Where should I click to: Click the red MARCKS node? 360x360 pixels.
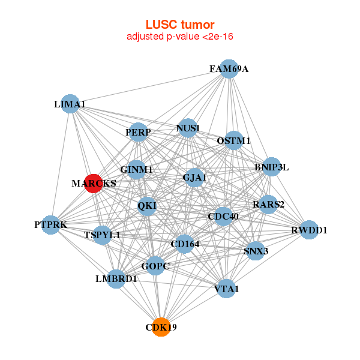93,183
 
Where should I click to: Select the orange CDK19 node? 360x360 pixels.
161,327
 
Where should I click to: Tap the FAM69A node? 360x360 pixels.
228,69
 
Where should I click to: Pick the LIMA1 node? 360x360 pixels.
70,104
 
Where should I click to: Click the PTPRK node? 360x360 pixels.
51,225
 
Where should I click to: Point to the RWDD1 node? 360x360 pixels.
308,230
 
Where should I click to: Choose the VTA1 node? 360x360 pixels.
226,289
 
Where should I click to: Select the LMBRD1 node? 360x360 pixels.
116,279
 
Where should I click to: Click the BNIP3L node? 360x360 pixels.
271,167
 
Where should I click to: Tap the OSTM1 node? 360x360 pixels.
233,141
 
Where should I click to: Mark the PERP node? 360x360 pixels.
139,132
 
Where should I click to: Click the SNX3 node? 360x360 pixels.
255,251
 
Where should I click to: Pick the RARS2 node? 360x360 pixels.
268,205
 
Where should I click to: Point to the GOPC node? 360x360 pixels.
155,266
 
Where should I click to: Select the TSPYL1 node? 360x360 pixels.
103,235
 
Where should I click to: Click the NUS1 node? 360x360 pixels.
188,128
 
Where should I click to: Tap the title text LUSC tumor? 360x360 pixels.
180,25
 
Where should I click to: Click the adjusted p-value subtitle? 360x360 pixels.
180,37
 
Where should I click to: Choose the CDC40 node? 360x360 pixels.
223,216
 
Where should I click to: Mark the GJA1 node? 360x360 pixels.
194,178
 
